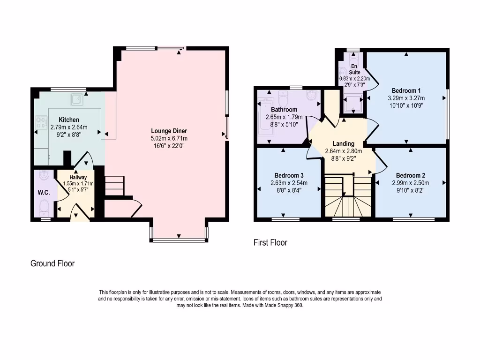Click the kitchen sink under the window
76,99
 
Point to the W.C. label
44,193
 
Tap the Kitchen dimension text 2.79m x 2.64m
68,127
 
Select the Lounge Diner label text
169,131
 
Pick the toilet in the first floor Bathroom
283,98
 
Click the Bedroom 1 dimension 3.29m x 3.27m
406,98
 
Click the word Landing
344,143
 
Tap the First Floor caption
270,242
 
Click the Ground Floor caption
52,263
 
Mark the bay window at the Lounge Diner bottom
179,240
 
